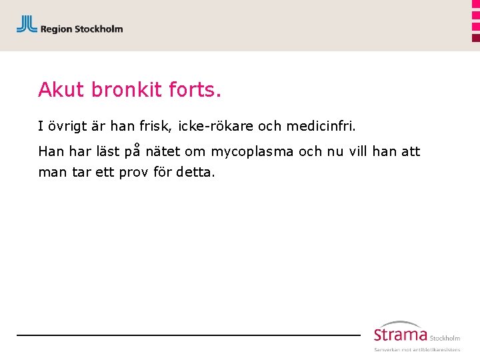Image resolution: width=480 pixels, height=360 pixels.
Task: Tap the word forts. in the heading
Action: pyautogui.click(x=199, y=89)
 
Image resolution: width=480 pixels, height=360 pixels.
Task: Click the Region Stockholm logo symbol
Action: pyautogui.click(x=27, y=25)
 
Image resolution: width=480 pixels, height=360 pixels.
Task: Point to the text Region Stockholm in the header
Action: pyautogui.click(x=81, y=29)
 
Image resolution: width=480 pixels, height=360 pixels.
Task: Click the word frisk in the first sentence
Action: pyautogui.click(x=156, y=125)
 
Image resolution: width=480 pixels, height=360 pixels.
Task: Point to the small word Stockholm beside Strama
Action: pyautogui.click(x=445, y=338)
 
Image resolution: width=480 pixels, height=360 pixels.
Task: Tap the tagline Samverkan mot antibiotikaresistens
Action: pyautogui.click(x=417, y=349)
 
